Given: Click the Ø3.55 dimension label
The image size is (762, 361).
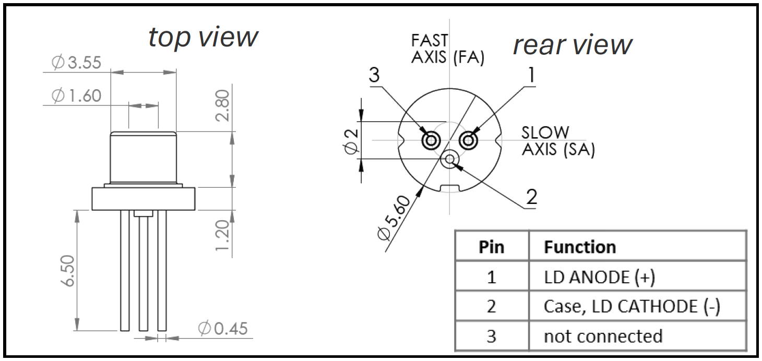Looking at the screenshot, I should [76, 63].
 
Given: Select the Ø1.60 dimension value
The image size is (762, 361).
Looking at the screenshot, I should [76, 96].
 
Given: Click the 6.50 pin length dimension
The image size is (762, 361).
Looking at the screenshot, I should [66, 270].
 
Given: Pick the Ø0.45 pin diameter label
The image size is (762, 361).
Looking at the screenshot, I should [223, 329].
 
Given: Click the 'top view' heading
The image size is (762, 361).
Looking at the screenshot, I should [203, 37].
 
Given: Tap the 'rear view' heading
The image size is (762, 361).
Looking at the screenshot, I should [573, 45].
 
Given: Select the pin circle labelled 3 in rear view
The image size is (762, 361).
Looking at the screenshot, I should [431, 140].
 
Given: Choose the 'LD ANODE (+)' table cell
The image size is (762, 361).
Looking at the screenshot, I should [599, 277].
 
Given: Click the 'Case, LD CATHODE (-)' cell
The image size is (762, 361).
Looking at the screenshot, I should [632, 307].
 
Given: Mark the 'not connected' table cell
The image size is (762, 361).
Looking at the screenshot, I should [603, 336].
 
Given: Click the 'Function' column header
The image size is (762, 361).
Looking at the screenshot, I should [580, 247].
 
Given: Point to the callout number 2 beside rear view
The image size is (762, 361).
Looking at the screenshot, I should [531, 197].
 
